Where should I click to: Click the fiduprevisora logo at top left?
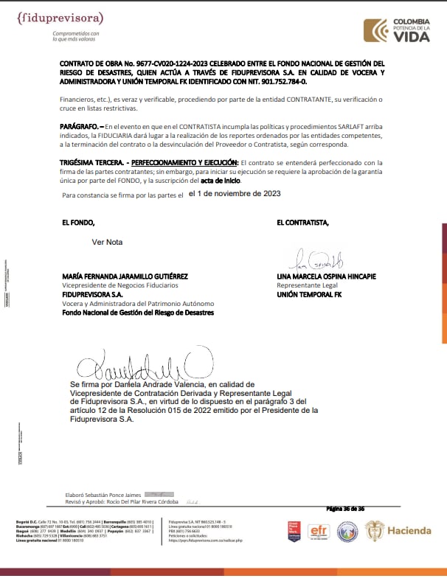pyautogui.click(x=60, y=18)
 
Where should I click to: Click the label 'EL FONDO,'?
pyautogui.click(x=79, y=222)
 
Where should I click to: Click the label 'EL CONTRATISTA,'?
pyautogui.click(x=303, y=222)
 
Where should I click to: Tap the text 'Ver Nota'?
pyautogui.click(x=107, y=242)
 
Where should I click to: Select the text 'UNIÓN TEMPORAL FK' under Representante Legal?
pyautogui.click(x=310, y=293)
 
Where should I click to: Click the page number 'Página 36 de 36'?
pyautogui.click(x=346, y=509)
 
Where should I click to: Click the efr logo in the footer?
pyautogui.click(x=319, y=531)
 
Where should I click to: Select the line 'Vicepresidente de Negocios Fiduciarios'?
pyautogui.click(x=119, y=285)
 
